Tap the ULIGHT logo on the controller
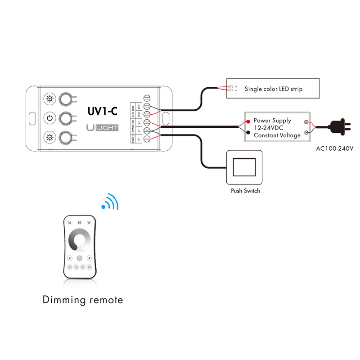coord(102,128)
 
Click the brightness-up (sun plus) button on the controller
coord(49,99)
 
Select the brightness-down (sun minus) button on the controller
coord(49,137)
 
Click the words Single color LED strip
coord(274,89)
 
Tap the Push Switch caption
coord(245,191)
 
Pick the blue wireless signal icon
coord(110,202)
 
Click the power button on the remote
coord(80,258)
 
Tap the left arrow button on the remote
coord(70,258)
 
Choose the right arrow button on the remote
coord(90,258)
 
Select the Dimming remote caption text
coord(83,300)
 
